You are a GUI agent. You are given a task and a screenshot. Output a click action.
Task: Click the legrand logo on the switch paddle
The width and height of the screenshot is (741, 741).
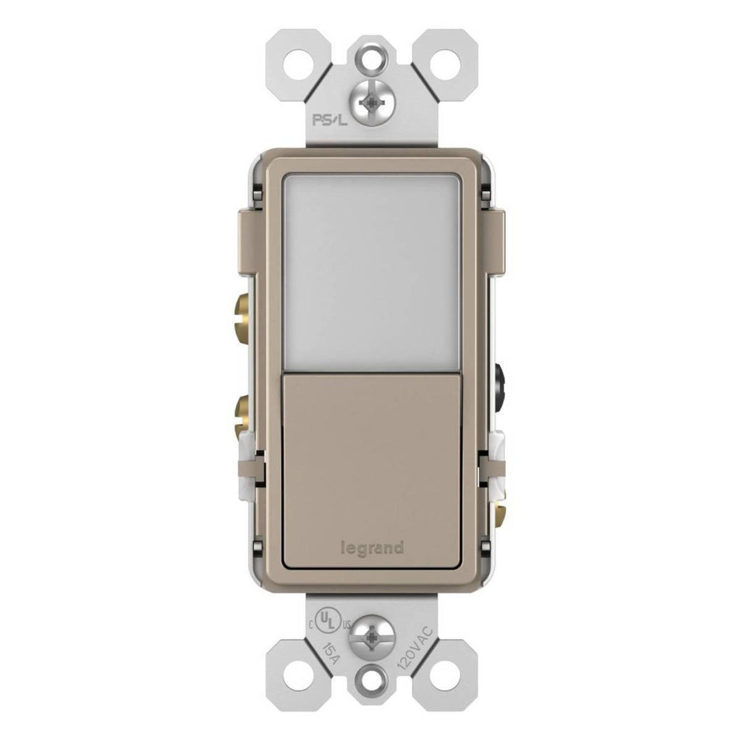[373, 549]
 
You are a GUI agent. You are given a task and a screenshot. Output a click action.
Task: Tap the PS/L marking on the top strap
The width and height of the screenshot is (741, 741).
[329, 120]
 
